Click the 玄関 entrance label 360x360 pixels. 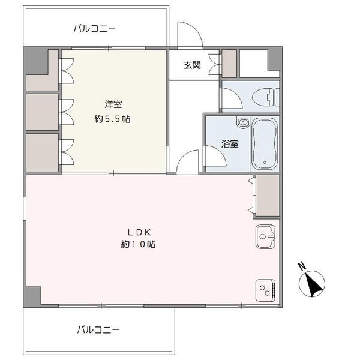tap(192, 65)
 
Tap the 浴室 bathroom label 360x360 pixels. tap(230, 144)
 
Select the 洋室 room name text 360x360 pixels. tap(113, 104)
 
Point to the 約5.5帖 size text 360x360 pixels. tap(112, 119)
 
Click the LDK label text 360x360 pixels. tap(139, 232)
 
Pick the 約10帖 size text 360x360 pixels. tap(138, 244)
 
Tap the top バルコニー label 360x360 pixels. tap(95, 29)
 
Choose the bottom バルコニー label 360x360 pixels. tap(98, 330)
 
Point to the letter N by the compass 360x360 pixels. tap(302, 266)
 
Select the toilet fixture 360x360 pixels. tap(265, 97)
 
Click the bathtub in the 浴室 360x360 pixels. tap(265, 144)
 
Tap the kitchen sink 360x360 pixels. tap(265, 236)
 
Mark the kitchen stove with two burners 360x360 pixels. tap(265, 290)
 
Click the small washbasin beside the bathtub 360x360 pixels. tap(243, 122)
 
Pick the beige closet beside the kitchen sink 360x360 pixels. tap(268, 196)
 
